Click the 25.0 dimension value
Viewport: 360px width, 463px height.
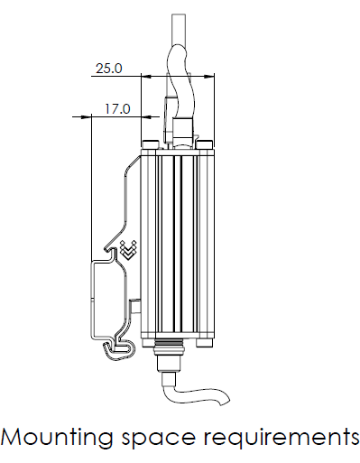tap(109, 69)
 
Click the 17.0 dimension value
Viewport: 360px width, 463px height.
tap(117, 108)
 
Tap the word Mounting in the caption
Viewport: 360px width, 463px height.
tap(57, 438)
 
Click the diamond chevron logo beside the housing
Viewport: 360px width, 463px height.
tap(128, 249)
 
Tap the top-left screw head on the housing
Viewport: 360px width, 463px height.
tap(151, 144)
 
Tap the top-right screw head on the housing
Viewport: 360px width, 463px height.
tap(205, 144)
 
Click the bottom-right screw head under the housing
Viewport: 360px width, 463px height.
tap(205, 342)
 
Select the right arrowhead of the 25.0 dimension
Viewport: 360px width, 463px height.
tap(208, 76)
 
